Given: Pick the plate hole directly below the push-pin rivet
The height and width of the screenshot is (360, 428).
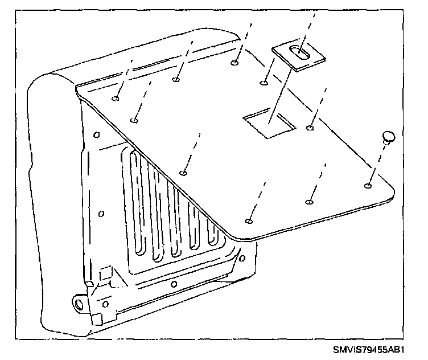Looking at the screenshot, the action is coord(368,185).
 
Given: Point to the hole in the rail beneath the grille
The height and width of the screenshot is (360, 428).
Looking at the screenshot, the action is coord(173,283).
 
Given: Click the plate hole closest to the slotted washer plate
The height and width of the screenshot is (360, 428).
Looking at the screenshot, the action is coord(264,83).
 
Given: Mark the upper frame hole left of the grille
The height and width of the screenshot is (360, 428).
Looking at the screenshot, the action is coord(97,135).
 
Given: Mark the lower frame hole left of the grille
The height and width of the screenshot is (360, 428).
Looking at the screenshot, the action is coord(102,214).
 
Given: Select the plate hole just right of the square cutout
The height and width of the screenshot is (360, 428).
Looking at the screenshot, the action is coord(310,128).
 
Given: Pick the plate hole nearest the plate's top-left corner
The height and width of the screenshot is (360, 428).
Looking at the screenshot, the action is coord(116,98).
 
